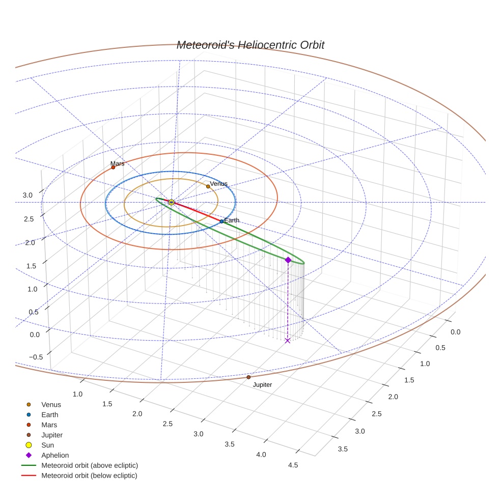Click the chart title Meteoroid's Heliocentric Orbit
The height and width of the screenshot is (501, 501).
[x=250, y=45]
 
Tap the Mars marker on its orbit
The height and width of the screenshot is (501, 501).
[x=113, y=167]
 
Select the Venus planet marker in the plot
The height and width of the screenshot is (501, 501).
[x=208, y=186]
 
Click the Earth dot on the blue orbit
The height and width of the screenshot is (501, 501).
[x=221, y=221]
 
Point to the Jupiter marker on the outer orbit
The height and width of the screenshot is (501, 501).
[x=248, y=377]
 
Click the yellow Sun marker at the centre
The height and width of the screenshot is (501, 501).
[x=171, y=202]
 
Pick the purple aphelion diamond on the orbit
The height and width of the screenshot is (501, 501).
[x=288, y=260]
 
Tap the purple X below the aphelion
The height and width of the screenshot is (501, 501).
[x=288, y=340]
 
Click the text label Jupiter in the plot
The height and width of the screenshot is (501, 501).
[x=262, y=385]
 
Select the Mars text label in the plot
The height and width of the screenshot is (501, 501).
[x=117, y=164]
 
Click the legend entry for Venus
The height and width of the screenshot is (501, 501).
[x=51, y=404]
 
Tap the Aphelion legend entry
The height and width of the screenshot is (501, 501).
[x=55, y=455]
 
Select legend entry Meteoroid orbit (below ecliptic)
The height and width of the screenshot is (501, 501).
[x=89, y=476]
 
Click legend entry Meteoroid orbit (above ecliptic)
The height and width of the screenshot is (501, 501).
[x=89, y=465]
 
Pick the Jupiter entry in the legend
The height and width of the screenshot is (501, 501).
[x=52, y=435]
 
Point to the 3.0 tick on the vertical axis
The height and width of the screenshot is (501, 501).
[x=27, y=195]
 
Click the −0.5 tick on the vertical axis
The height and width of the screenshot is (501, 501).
[x=36, y=357]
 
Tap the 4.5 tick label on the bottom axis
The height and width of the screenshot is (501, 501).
[x=293, y=465]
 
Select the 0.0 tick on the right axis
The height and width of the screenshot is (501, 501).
[x=455, y=332]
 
